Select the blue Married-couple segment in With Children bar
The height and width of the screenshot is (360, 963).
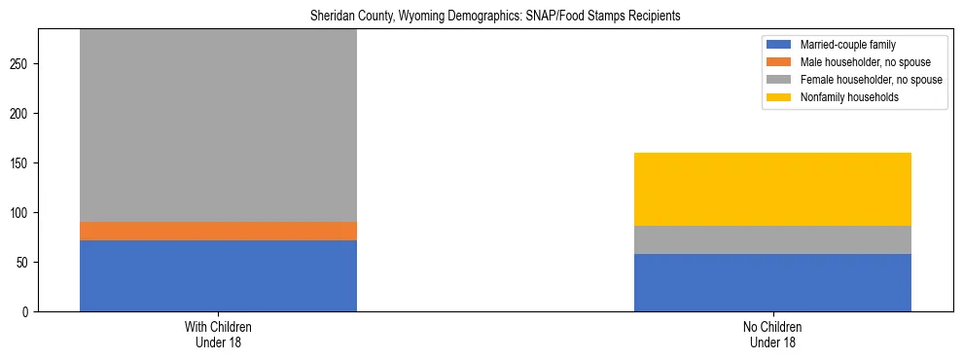[x=218, y=275]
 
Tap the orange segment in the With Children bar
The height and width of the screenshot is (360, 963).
[x=218, y=231]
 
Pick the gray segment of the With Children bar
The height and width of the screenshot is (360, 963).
[x=218, y=126]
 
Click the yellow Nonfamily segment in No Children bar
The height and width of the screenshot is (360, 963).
[x=772, y=189]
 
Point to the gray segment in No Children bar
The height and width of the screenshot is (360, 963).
[x=772, y=239]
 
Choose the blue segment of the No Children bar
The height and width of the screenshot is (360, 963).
[x=772, y=282]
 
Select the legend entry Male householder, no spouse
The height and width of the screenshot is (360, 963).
[x=856, y=62]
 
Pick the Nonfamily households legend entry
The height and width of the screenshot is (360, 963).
[x=841, y=97]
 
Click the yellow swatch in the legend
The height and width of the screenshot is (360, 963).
[x=779, y=97]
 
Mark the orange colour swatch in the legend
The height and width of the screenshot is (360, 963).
[x=779, y=62]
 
